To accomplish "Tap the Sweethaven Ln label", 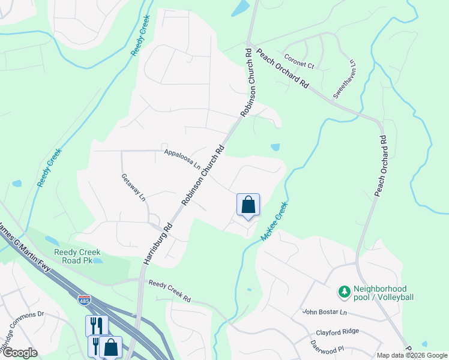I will (x=345, y=79).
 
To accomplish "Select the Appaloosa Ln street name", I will (x=182, y=159).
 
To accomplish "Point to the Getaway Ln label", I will (x=134, y=187).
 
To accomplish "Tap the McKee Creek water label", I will (x=274, y=221).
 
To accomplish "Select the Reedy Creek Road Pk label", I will (x=77, y=256).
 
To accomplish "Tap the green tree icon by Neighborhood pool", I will (x=345, y=292).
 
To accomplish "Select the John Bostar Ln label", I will (x=324, y=312).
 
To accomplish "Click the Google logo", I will (x=19, y=353).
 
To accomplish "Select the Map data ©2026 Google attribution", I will (x=412, y=355).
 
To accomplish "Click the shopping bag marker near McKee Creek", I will (x=248, y=205).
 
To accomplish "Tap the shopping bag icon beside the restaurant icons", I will (x=111, y=347).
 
